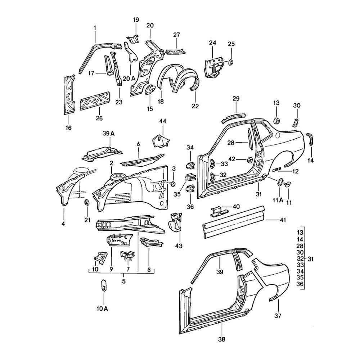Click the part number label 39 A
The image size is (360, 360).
tap(107, 133)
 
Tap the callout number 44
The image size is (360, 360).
tap(163, 121)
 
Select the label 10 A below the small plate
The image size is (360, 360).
tap(102, 308)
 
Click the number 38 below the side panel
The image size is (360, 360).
tap(222, 338)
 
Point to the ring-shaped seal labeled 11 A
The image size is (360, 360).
tap(279, 183)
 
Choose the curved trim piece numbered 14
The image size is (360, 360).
tap(310, 139)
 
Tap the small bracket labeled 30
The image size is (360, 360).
tap(295, 122)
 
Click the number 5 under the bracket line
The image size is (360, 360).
tap(124, 282)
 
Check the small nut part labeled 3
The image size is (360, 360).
tap(172, 184)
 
